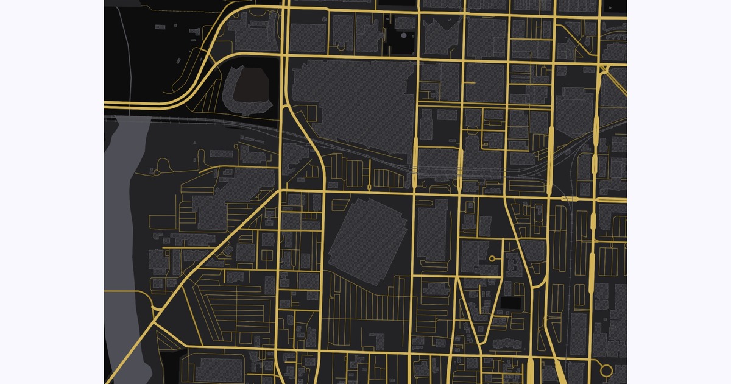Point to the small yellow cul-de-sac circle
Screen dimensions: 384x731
(x=492, y=259)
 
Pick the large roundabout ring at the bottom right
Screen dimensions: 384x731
(x=606, y=370)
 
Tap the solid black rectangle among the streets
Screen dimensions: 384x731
(x=510, y=302)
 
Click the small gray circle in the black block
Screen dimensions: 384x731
(x=404, y=36)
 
